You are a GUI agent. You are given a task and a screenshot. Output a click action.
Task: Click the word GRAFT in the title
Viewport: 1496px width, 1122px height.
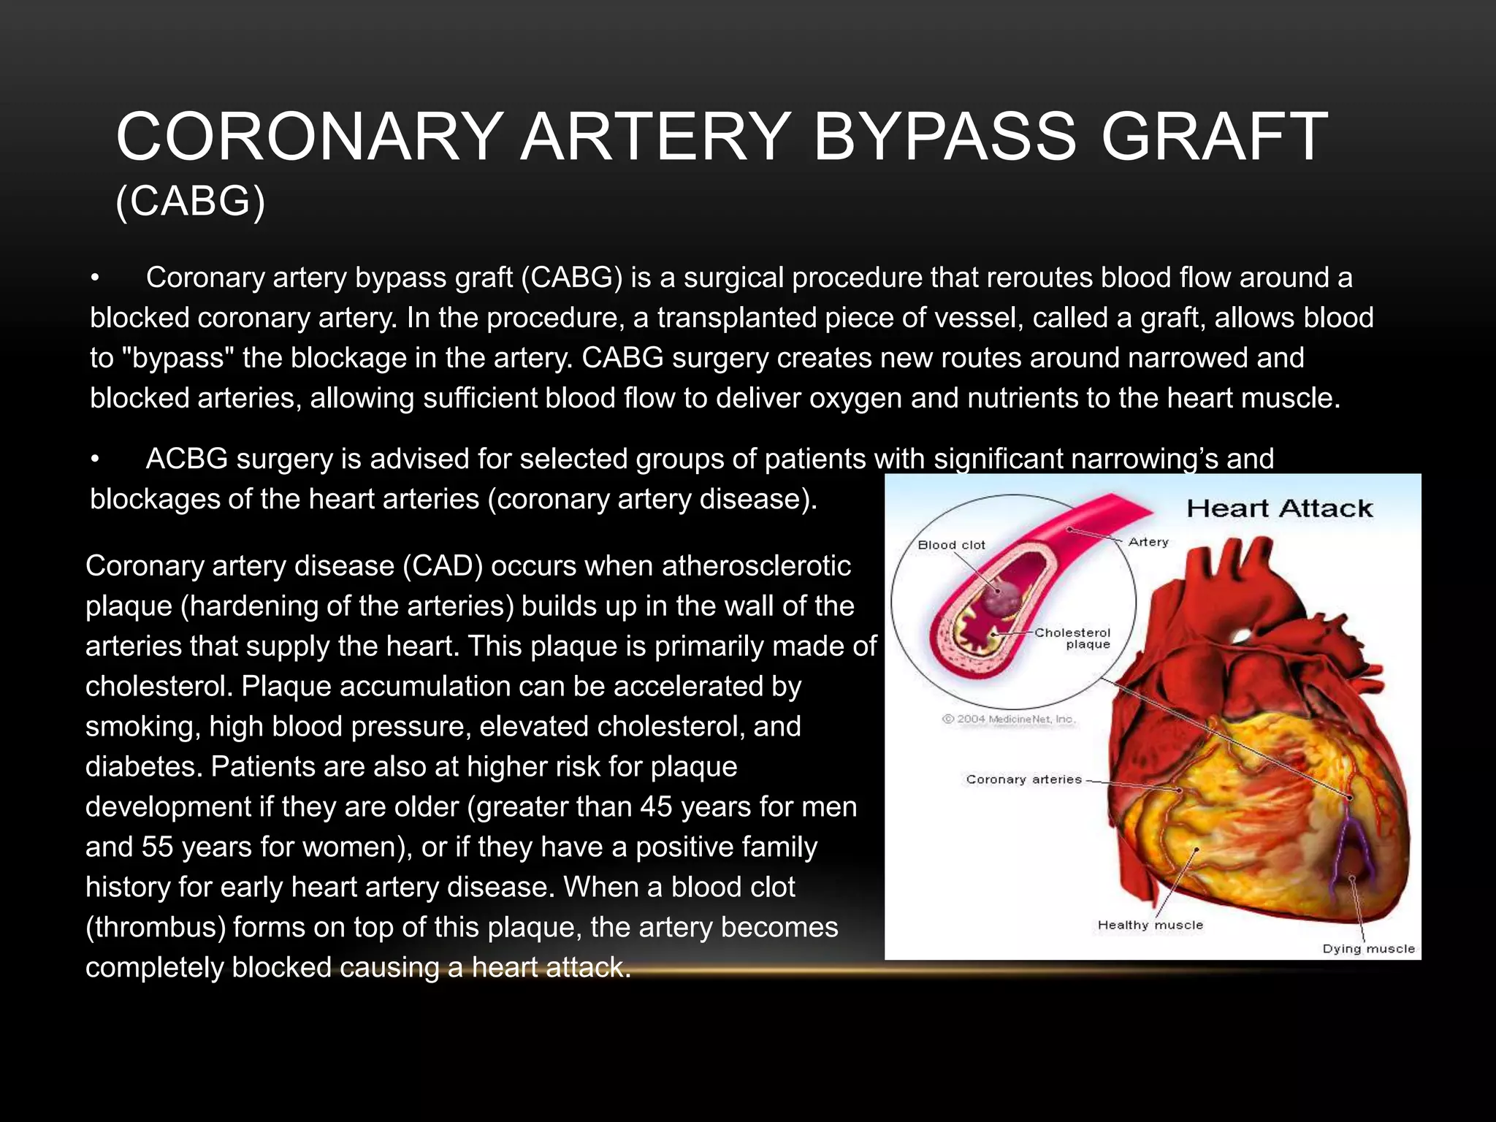[x=1213, y=137]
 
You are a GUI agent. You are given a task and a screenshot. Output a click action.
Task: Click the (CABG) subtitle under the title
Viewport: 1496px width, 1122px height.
[x=191, y=201]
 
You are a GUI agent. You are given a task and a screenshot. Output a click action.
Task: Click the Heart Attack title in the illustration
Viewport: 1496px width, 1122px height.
[x=1279, y=508]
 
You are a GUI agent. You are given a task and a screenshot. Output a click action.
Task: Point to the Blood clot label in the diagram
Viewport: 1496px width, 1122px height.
[x=951, y=545]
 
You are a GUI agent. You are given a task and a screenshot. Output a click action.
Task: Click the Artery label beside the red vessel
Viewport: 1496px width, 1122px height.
[x=1148, y=542]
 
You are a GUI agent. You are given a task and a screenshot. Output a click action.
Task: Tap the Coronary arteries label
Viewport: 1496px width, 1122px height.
[x=1023, y=779]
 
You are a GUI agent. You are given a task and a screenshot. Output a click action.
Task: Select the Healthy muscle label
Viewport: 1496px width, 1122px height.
[x=1150, y=925]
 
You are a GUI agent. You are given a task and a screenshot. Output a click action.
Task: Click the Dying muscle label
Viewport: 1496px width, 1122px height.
[x=1368, y=949]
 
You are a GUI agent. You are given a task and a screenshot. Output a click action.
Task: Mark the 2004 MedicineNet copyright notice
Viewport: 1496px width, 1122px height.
[x=1008, y=719]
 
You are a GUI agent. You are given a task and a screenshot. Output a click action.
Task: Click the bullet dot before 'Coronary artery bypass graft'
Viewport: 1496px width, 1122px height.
[x=94, y=278]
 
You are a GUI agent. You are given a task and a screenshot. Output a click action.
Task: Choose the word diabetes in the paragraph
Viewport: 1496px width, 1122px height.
[x=143, y=767]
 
